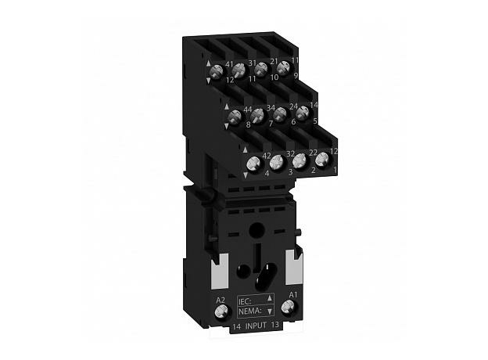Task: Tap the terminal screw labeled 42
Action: point(253,164)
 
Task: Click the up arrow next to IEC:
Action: point(269,298)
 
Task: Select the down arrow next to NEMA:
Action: point(269,309)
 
